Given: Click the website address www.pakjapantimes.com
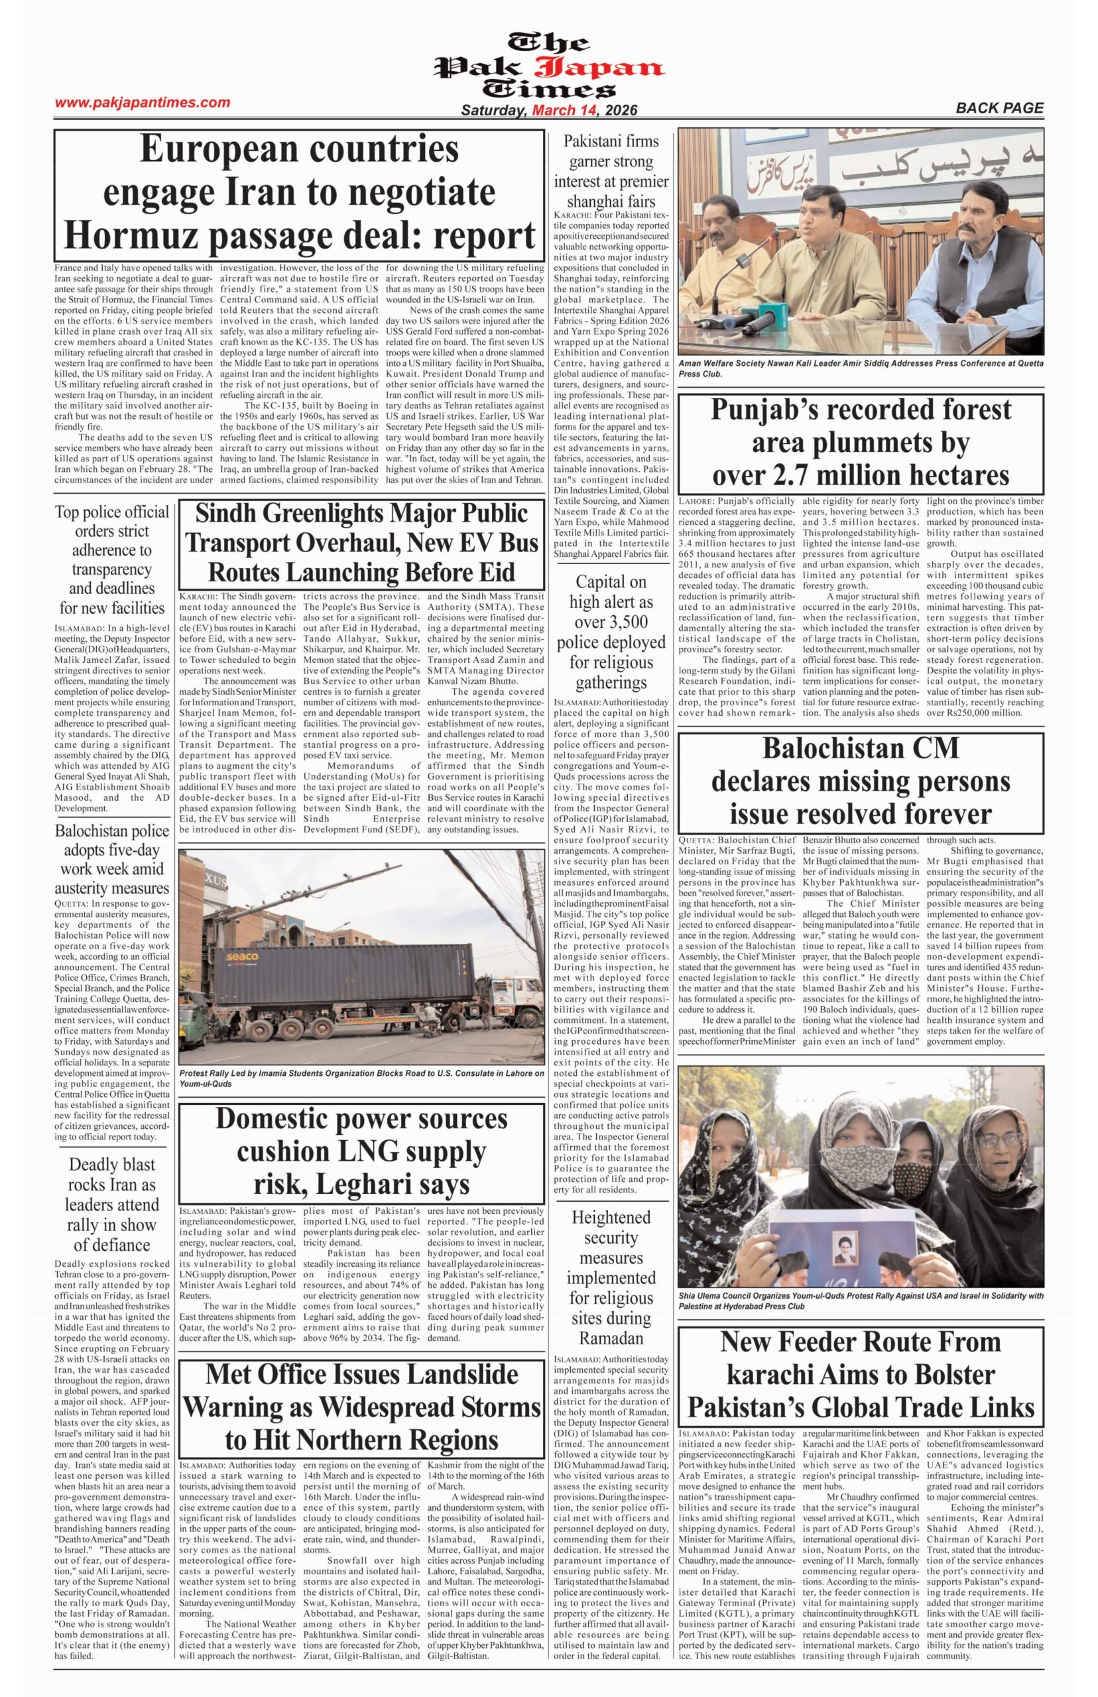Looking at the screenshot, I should coord(143,103).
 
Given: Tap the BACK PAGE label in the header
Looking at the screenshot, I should coord(1000,108).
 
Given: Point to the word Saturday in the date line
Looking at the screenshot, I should coord(493,111).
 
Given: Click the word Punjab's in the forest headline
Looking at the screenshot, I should coord(776,410).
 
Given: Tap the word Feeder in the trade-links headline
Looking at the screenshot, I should coord(845,1342).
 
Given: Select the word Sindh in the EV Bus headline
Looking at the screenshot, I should coord(229,514).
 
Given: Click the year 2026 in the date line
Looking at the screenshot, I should coord(619,111).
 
